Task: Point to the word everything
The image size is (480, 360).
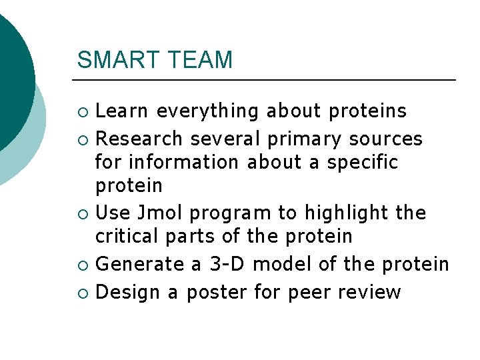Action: [207, 111]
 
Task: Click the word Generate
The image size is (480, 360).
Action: [139, 265]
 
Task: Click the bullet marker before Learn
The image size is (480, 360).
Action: [82, 111]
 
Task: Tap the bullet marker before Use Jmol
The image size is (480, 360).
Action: [82, 214]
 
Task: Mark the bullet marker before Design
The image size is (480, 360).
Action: [82, 293]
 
